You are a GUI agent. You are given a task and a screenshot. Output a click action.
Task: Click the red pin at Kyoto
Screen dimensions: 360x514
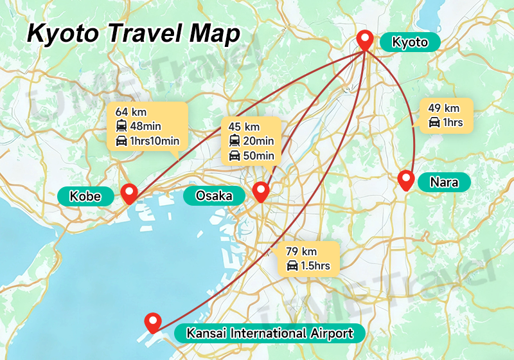pos(366,40)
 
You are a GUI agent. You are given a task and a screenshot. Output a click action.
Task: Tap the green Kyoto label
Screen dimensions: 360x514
pos(410,43)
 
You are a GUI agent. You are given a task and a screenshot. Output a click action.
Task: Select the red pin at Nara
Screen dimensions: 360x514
pos(405,180)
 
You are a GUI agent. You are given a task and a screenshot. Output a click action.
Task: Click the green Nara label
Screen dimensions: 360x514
pos(444,183)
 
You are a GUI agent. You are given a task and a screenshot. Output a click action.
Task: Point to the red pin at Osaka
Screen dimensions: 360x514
pos(260,191)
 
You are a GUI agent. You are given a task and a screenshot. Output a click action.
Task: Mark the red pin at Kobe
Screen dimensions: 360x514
pos(130,193)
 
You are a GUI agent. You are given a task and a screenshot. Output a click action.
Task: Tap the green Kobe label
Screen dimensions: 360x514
pos(85,195)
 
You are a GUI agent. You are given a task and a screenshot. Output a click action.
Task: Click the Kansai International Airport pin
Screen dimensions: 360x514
pos(153,321)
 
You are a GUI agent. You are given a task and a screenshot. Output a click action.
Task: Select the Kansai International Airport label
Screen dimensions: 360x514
pos(269,334)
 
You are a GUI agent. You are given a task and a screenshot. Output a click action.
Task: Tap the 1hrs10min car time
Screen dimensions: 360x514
pos(154,141)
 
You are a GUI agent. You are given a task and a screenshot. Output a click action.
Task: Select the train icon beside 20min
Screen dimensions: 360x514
pos(235,141)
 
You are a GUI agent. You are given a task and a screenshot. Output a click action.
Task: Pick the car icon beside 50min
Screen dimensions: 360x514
pos(235,155)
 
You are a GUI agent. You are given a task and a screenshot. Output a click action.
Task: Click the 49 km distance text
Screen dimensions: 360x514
pos(443,108)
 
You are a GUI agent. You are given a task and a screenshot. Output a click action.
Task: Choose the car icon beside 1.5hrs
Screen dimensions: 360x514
pos(292,265)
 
